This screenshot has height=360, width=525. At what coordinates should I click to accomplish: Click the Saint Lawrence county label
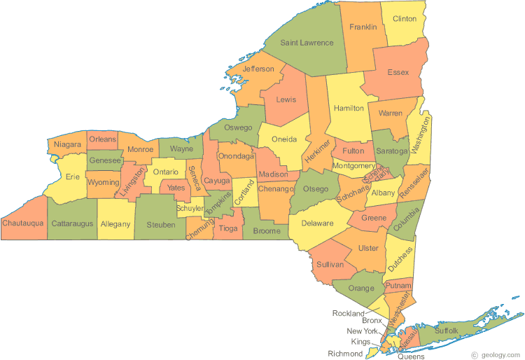307,43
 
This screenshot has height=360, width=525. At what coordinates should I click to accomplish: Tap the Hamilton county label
349,109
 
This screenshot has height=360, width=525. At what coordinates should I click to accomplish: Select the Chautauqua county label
23,223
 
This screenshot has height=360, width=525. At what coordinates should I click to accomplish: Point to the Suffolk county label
446,329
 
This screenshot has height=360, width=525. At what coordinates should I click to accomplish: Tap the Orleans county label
102,139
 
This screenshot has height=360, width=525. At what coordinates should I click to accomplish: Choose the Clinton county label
405,18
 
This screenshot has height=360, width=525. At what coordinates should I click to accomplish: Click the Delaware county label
317,224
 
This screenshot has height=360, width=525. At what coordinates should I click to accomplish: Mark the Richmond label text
345,354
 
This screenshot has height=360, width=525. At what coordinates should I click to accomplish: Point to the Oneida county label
283,139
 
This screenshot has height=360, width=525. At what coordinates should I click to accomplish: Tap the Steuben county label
161,225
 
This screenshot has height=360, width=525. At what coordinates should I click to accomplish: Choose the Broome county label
267,230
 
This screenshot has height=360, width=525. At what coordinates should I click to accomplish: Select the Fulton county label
353,151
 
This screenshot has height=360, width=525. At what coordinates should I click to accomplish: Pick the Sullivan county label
330,264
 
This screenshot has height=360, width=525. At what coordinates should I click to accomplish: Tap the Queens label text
411,356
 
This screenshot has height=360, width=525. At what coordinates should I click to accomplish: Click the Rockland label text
349,313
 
